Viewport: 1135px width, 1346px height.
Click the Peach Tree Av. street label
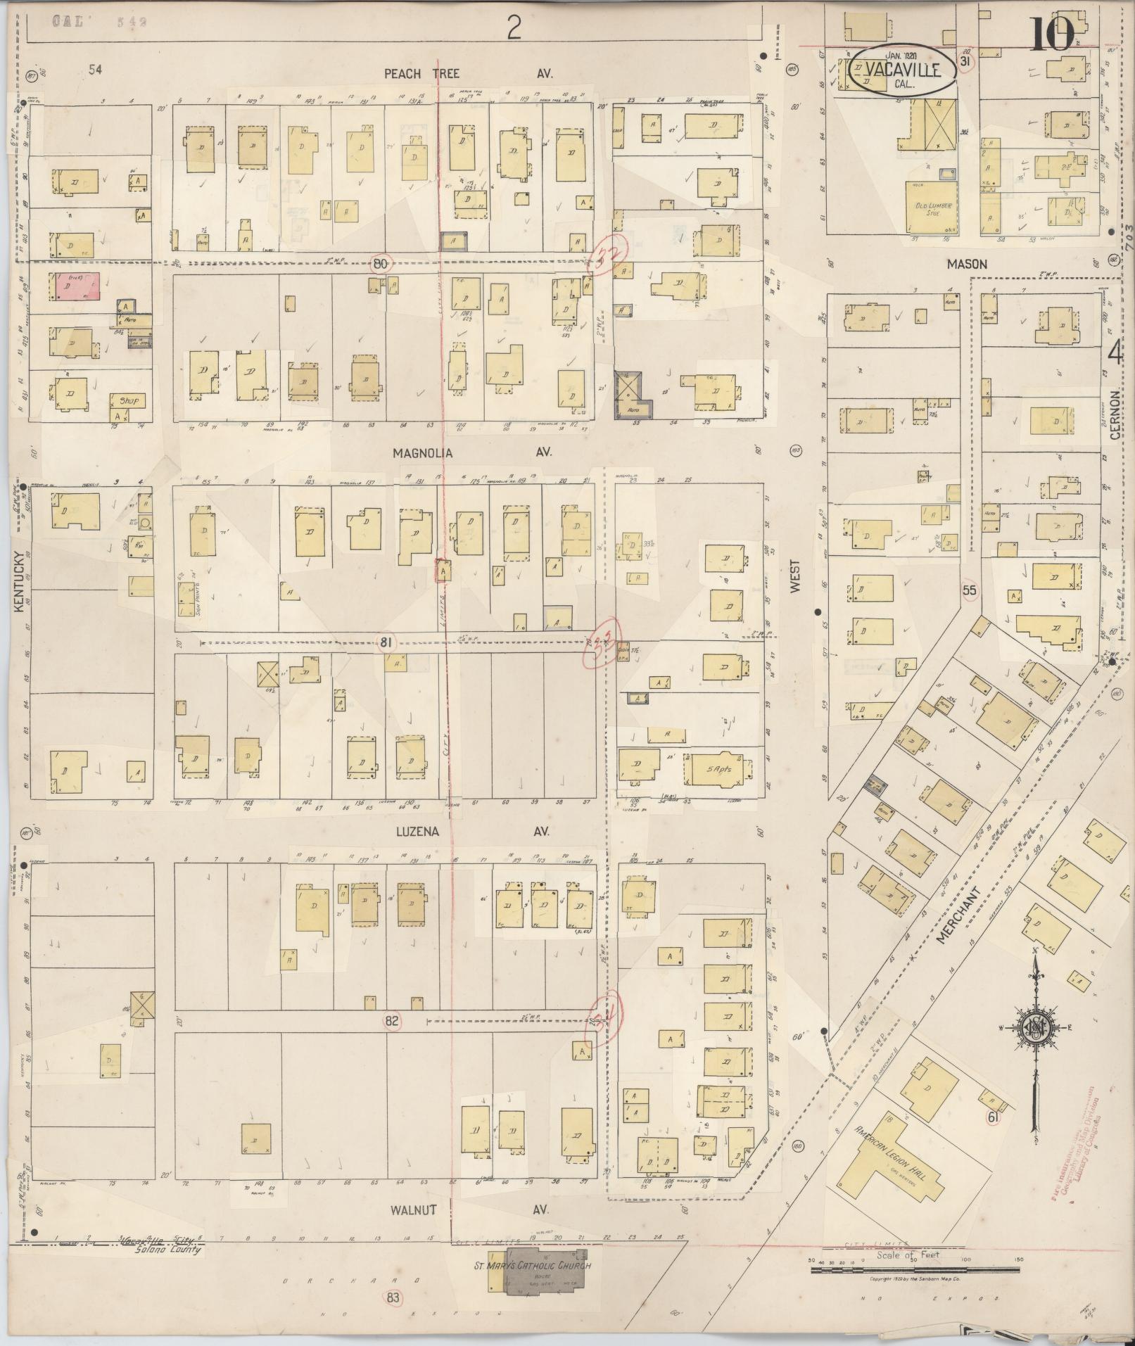tap(468, 73)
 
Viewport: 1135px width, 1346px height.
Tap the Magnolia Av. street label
tap(471, 453)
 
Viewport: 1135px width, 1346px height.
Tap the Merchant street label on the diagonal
tap(958, 914)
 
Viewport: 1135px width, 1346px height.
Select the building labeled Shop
tap(128, 401)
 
